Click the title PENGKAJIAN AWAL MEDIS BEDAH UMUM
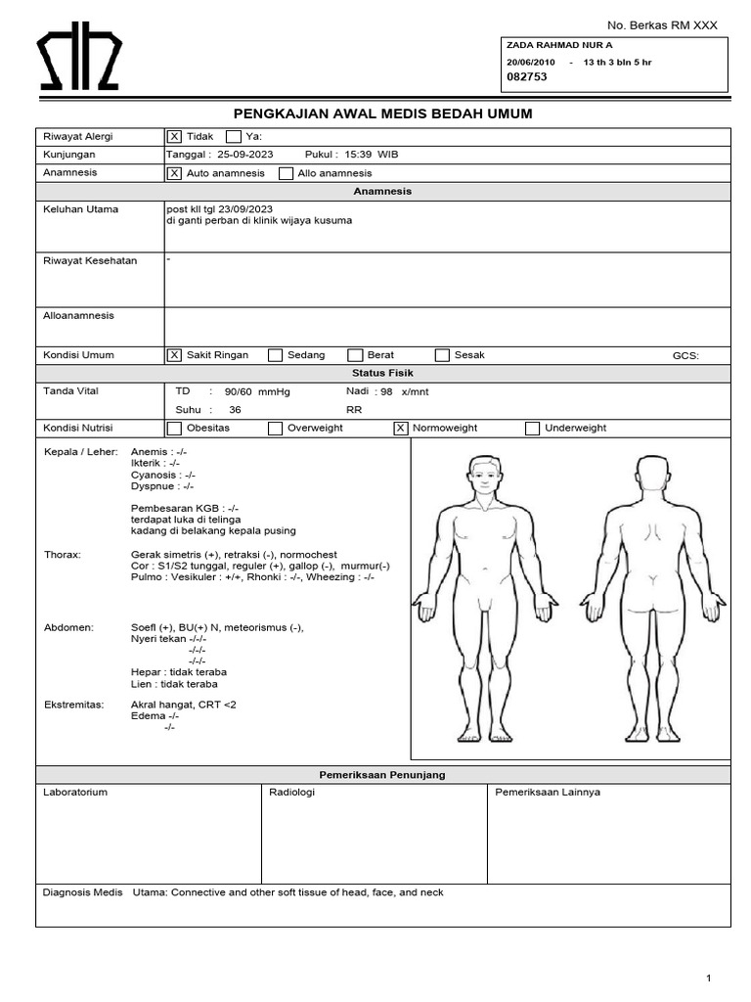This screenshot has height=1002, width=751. coord(382,114)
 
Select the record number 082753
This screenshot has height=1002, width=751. coord(526,76)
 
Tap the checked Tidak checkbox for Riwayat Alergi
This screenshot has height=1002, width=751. coord(174,137)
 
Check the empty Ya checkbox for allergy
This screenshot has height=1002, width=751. coord(234,137)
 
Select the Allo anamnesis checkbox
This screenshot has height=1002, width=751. coord(287,173)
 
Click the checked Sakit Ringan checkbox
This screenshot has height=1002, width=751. coord(174,355)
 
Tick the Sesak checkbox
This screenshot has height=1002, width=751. coord(442,355)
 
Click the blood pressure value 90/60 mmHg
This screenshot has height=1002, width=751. coord(257,391)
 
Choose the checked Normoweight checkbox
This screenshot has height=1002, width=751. coord(400,428)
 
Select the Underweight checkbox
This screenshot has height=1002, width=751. coord(532,428)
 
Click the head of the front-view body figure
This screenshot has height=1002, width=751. coord(484,476)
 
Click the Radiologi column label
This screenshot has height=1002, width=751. coord(291,793)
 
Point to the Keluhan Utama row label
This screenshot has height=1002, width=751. coord(77,209)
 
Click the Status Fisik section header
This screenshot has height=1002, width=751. coord(382,373)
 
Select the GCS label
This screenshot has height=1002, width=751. coord(685,355)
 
